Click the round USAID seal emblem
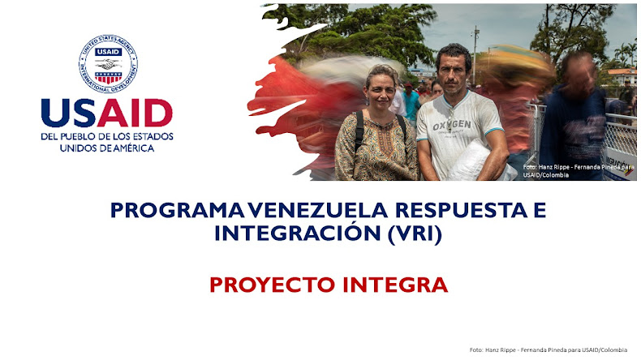(108, 62)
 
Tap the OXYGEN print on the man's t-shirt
(453, 127)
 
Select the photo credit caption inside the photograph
(578, 171)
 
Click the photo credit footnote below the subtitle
(548, 349)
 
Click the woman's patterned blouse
(376, 146)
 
